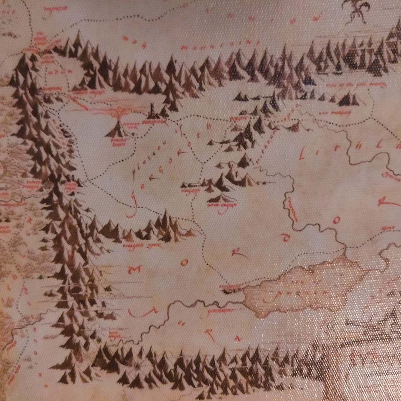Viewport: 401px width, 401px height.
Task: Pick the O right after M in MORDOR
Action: (x=184, y=262)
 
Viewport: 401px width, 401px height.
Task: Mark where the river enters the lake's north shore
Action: (x=345, y=252)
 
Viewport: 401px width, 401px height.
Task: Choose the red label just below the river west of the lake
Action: (x=219, y=311)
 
